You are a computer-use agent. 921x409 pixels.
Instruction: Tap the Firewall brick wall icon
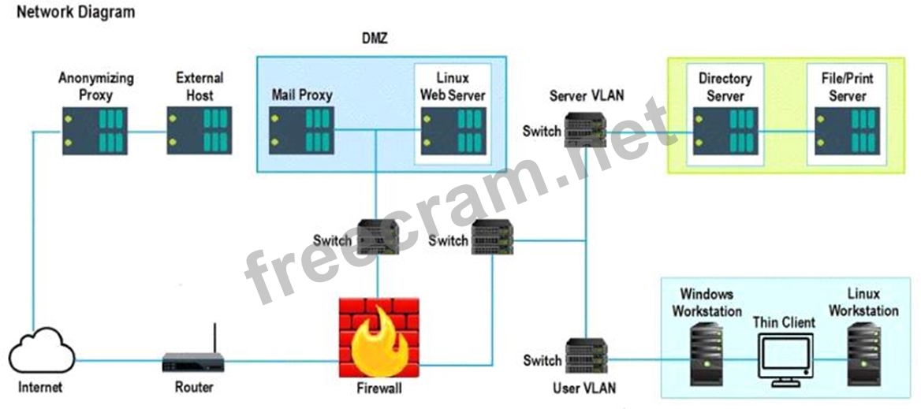[378, 337]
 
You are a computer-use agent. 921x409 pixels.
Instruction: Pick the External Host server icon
[199, 131]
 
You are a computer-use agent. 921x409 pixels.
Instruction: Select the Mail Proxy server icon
[301, 130]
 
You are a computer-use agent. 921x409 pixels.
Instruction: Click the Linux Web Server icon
[453, 130]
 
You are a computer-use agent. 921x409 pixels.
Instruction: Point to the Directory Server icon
[725, 131]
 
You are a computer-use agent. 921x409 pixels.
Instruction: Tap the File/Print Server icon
[847, 131]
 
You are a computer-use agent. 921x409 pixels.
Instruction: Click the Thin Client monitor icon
[785, 360]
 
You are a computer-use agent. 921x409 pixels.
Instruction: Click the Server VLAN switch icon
[585, 131]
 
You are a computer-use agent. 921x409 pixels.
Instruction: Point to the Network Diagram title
[76, 12]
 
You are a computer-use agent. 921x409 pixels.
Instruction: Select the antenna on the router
[214, 338]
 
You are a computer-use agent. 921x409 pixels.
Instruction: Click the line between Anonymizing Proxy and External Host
[147, 132]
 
